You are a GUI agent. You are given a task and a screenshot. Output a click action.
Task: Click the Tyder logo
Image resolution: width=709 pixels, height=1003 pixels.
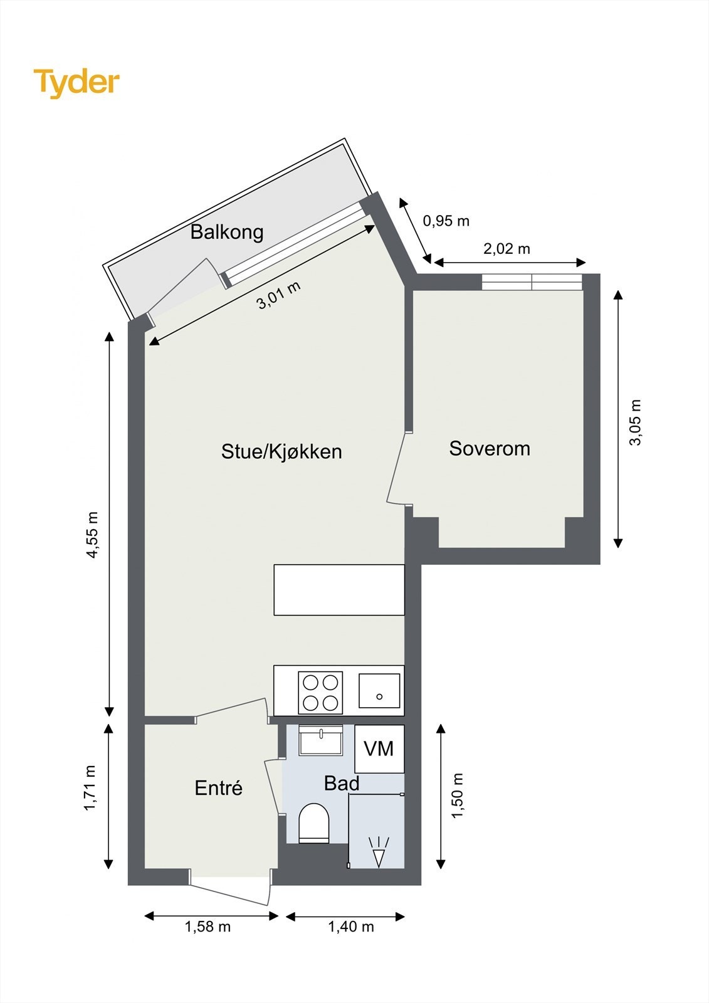[x=76, y=83]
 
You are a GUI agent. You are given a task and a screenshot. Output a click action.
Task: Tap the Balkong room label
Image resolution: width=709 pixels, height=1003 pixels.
[x=226, y=232]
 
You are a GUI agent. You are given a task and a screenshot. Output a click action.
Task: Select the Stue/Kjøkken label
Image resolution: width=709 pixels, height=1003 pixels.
[x=281, y=451]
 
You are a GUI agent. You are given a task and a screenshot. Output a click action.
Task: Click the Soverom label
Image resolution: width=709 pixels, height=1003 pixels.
[x=490, y=448]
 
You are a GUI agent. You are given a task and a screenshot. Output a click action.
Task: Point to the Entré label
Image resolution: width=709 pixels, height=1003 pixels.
[x=218, y=788]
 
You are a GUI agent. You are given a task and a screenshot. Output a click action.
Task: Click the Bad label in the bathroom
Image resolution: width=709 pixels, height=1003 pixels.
[x=342, y=784]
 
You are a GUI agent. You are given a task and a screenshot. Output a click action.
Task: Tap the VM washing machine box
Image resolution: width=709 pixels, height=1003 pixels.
[x=379, y=748]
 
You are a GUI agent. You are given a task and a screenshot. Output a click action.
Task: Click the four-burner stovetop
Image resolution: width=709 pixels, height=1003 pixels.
[x=320, y=692]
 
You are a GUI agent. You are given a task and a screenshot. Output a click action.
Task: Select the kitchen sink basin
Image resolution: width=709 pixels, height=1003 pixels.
[x=379, y=691]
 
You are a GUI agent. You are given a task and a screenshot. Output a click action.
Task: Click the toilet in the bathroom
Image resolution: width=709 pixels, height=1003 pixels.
[x=314, y=824]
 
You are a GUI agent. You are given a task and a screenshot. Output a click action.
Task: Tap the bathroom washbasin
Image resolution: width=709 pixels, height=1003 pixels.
[x=321, y=741]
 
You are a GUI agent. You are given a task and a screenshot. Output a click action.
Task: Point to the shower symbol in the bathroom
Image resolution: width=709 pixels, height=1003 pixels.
[x=378, y=853]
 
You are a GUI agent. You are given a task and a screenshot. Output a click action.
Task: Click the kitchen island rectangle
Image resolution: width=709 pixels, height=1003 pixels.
[x=339, y=590]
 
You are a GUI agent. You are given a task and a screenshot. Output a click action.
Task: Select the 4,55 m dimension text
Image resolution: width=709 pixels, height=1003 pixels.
[x=92, y=535]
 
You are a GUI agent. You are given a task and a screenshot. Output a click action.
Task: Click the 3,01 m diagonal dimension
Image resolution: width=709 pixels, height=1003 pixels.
[x=279, y=295]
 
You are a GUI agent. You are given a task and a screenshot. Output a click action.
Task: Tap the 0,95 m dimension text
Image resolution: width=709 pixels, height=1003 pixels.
[x=446, y=221]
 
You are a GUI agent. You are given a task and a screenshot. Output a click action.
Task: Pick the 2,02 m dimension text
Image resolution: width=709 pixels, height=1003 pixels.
[x=507, y=249]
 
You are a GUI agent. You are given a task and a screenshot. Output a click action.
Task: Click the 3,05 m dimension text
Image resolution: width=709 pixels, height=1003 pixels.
[x=636, y=422]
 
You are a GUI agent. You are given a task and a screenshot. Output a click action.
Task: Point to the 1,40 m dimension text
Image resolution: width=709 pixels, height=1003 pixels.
[x=351, y=927]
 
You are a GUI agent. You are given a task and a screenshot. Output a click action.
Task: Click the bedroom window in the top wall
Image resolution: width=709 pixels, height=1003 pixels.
[x=532, y=282]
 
